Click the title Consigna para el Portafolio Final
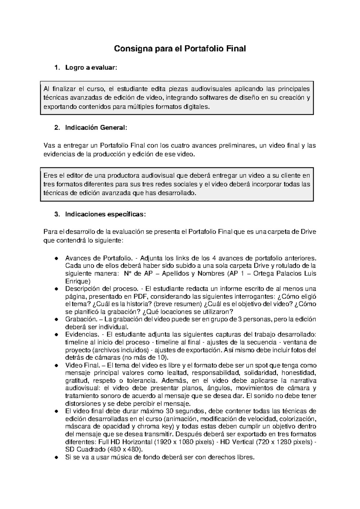180,49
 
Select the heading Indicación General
96,128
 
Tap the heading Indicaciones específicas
105,214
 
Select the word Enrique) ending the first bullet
77,281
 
